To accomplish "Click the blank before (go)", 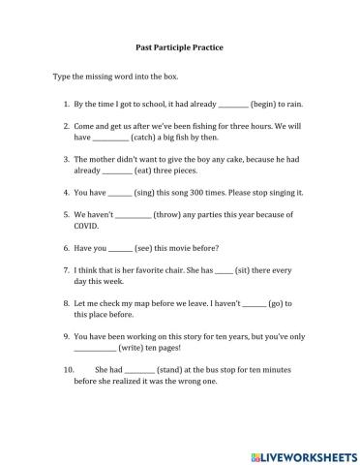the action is (253, 304).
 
